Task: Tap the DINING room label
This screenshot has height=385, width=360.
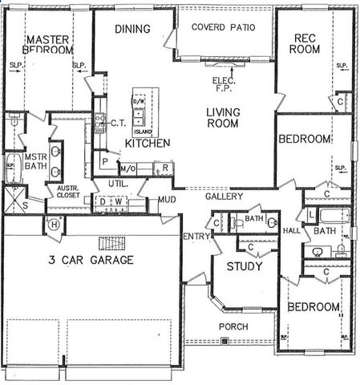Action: click(x=132, y=30)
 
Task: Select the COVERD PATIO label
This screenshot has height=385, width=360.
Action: click(x=223, y=27)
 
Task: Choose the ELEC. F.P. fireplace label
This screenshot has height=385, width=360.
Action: click(x=222, y=83)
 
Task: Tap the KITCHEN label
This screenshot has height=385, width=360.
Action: click(x=147, y=143)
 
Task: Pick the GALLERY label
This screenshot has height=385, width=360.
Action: click(x=224, y=197)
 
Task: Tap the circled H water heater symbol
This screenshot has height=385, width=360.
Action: click(x=54, y=224)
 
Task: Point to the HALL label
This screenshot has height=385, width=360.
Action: click(x=291, y=231)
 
